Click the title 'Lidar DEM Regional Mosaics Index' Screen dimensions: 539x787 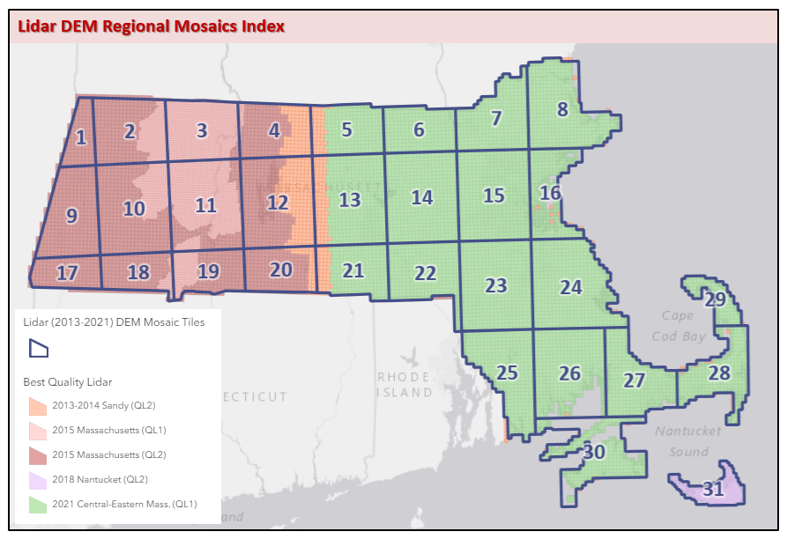point(151,26)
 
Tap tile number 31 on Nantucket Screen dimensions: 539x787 point(713,490)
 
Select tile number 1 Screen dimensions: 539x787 point(80,137)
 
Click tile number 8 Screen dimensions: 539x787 point(562,109)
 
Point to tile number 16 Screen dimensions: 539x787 point(550,193)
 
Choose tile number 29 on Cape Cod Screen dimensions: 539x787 point(715,299)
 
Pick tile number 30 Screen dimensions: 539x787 point(593,452)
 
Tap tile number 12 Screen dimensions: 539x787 point(278,203)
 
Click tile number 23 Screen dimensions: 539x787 point(496,285)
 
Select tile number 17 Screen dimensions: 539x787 point(67,273)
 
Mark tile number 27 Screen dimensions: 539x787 point(635,380)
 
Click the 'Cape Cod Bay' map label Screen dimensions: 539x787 point(678,326)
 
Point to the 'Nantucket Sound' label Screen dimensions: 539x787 point(687,441)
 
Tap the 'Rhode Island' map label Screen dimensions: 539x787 point(405,384)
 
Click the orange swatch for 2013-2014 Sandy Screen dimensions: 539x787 point(38,406)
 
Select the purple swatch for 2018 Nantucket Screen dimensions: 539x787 point(38,480)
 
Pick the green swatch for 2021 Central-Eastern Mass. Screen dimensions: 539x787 point(38,505)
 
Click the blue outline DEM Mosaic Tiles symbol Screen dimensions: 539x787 point(38,349)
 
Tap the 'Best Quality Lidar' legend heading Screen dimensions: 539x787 point(68,382)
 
